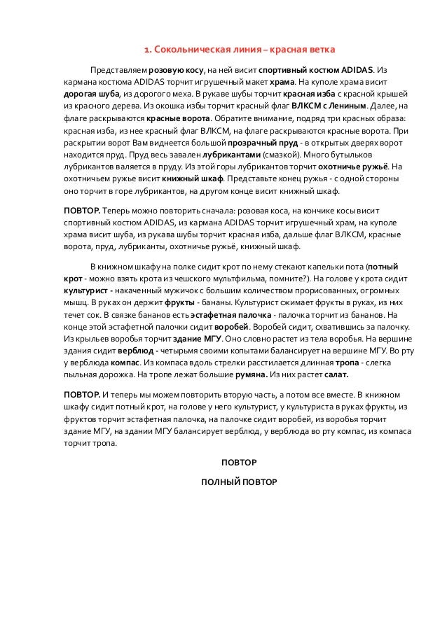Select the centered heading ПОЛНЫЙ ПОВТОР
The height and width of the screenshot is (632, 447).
[x=239, y=482]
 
